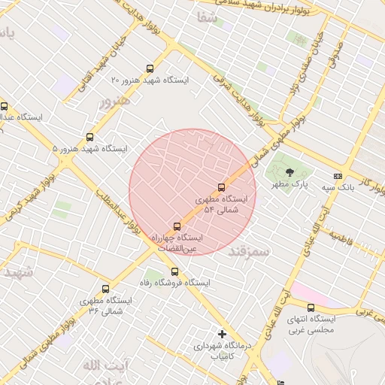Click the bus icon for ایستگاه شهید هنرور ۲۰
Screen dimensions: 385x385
click(x=150, y=68)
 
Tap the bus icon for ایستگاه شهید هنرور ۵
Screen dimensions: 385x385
click(x=90, y=138)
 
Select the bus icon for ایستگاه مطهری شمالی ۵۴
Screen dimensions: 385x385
click(x=221, y=187)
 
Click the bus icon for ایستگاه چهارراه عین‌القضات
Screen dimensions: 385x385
click(x=177, y=226)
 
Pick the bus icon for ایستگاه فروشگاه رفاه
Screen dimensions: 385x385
click(x=174, y=271)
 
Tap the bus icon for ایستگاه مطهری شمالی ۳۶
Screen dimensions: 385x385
click(x=105, y=289)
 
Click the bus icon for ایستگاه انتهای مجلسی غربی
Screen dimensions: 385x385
click(x=311, y=308)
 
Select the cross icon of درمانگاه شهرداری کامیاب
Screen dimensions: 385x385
click(x=221, y=334)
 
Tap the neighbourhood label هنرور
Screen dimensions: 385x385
click(x=114, y=101)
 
